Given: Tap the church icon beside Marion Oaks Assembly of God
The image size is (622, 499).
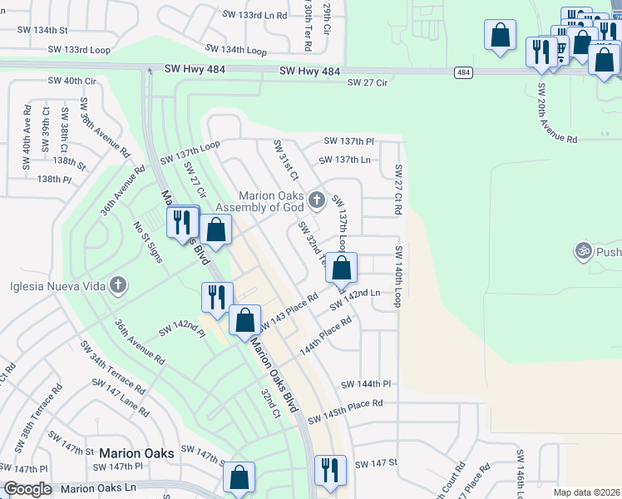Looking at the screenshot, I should [x=316, y=200].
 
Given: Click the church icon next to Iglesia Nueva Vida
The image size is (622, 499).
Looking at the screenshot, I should [x=119, y=286].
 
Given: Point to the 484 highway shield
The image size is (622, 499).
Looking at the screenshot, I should [x=464, y=73].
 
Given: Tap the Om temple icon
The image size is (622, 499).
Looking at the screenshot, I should [x=583, y=250].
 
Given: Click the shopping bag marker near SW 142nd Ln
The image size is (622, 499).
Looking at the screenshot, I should [x=341, y=269].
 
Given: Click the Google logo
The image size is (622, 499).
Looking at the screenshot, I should [x=27, y=489].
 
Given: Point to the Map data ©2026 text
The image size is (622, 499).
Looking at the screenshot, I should [x=586, y=492].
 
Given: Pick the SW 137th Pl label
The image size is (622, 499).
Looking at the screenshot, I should [x=348, y=141].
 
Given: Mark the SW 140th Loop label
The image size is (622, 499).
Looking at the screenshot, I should [x=398, y=276].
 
